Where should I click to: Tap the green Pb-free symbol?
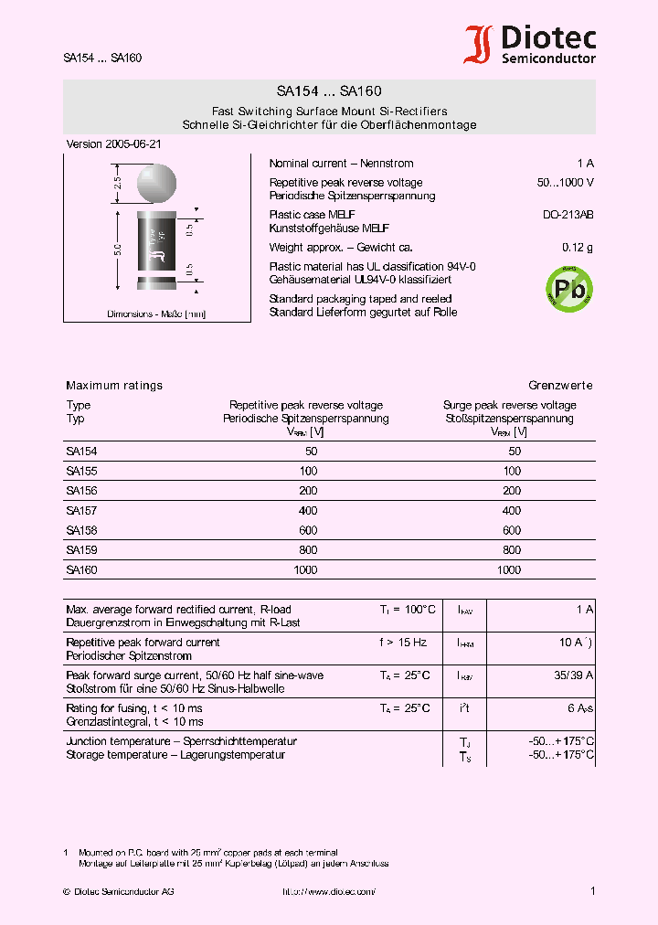pyautogui.click(x=569, y=289)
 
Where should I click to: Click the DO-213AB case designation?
pyautogui.click(x=568, y=215)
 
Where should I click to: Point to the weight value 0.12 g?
pyautogui.click(x=577, y=248)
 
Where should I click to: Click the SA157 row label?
pyautogui.click(x=81, y=511)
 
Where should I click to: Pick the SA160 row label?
pyautogui.click(x=81, y=569)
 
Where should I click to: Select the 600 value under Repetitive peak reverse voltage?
pyautogui.click(x=308, y=530)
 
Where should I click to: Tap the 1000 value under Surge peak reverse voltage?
pyautogui.click(x=509, y=569)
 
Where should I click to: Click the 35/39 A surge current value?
pyautogui.click(x=574, y=675)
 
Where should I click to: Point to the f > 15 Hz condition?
pyautogui.click(x=403, y=643)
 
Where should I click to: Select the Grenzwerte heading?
pyautogui.click(x=560, y=386)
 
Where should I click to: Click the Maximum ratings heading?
pyautogui.click(x=114, y=386)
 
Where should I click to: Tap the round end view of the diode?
pyautogui.click(x=155, y=182)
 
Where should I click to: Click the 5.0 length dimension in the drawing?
pyautogui.click(x=117, y=249)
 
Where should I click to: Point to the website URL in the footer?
pyautogui.click(x=328, y=891)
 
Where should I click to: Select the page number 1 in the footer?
pyautogui.click(x=592, y=891)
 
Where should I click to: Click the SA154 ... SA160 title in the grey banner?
pyautogui.click(x=329, y=91)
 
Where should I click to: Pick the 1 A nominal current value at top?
pyautogui.click(x=585, y=164)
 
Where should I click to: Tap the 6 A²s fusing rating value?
pyautogui.click(x=580, y=708)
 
